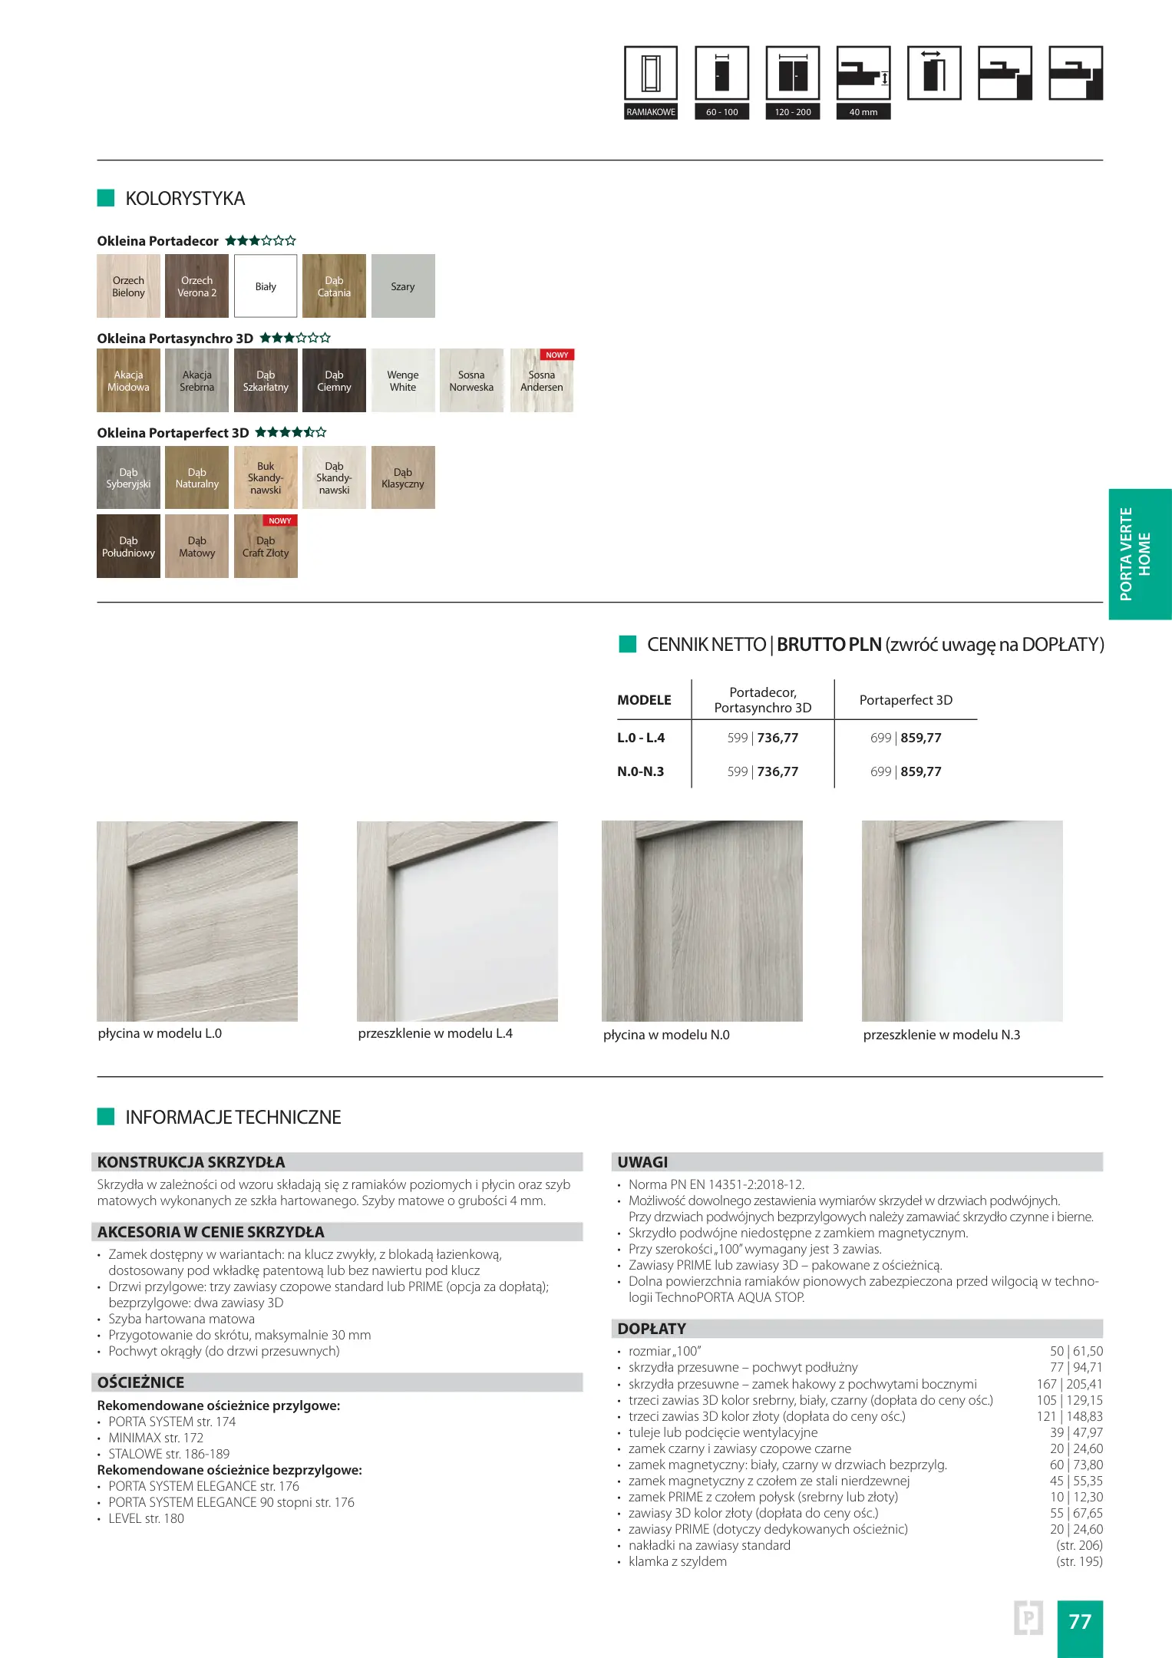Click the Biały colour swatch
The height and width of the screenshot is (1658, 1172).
point(266,286)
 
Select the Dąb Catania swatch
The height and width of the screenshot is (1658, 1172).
point(334,286)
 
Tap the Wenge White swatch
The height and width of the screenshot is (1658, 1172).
point(402,381)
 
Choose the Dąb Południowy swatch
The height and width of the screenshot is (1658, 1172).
point(128,547)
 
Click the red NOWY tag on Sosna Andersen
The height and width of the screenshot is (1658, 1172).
point(557,355)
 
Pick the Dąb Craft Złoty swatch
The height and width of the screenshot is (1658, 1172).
point(266,548)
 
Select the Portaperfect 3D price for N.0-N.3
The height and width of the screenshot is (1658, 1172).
point(906,771)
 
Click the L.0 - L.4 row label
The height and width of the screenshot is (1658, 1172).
point(641,738)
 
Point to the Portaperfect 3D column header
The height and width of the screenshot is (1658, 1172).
point(906,700)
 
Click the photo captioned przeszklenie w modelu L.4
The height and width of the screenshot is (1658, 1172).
point(457,921)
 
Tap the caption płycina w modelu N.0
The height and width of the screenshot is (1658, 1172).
point(666,1035)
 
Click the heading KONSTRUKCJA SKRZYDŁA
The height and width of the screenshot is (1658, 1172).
point(191,1162)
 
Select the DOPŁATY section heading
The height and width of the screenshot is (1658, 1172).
point(652,1329)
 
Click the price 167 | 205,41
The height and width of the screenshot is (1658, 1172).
point(1069,1384)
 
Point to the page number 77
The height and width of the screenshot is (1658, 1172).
point(1080,1621)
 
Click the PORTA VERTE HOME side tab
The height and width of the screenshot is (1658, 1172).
point(1140,553)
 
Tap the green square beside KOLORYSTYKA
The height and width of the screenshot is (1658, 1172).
point(106,198)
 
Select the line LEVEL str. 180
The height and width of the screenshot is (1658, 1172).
point(146,1518)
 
